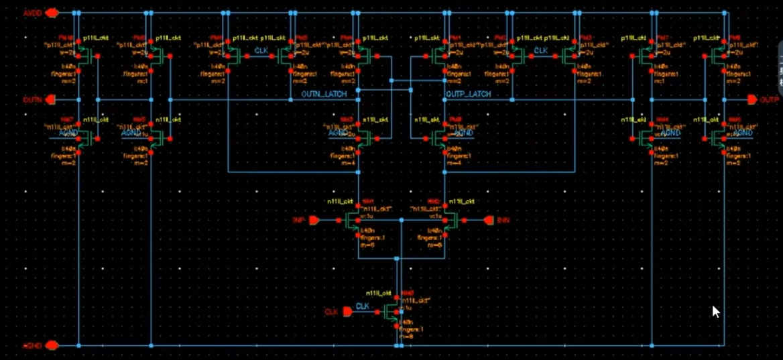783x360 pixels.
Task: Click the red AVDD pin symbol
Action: pos(51,13)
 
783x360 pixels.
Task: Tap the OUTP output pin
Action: pos(753,100)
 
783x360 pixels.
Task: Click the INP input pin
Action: pos(313,220)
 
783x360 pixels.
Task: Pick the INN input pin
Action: pos(488,220)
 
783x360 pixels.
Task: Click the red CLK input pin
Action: pos(347,312)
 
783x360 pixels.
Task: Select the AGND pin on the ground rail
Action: pos(51,345)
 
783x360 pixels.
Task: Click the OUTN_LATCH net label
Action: pos(324,95)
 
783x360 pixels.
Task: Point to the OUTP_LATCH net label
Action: pos(468,95)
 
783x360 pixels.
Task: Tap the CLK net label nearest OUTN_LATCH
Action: pos(261,51)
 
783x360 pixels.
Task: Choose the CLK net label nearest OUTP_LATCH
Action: pos(540,51)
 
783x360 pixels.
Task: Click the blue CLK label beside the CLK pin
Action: pos(363,306)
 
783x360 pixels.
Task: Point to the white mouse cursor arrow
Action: pos(715,311)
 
